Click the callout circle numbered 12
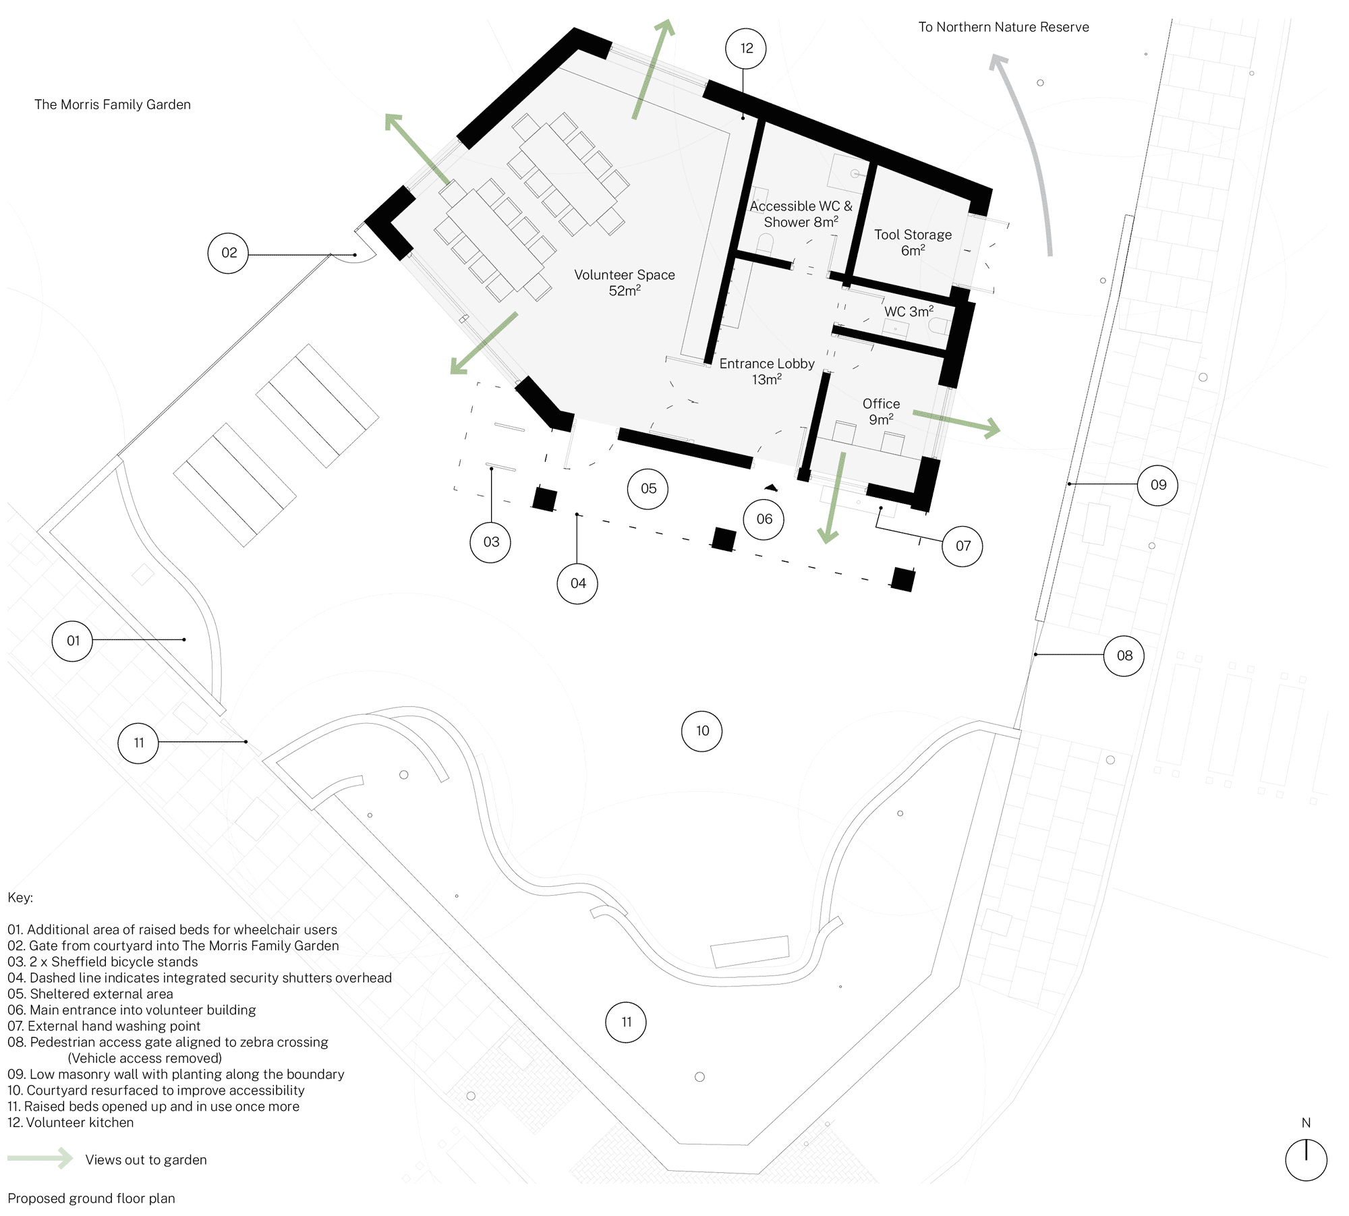(x=745, y=49)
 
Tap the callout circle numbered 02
(x=229, y=253)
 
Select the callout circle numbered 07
(x=963, y=546)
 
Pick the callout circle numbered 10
(x=702, y=731)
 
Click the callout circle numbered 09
(x=1157, y=485)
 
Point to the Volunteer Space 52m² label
(x=624, y=283)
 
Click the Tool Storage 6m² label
(x=913, y=242)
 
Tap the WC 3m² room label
(x=909, y=312)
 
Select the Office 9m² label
(x=881, y=411)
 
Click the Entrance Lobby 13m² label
(x=767, y=371)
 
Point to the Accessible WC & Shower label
(x=801, y=214)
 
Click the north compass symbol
(x=1306, y=1160)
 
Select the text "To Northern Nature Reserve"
(x=1004, y=27)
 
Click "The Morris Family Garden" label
(x=113, y=105)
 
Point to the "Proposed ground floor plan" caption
(x=91, y=1198)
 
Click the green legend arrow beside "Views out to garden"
(x=40, y=1158)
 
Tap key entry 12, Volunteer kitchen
(x=71, y=1122)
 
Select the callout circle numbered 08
(x=1124, y=656)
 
